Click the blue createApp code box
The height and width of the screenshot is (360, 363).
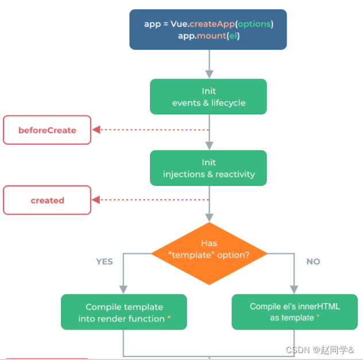point(208,29)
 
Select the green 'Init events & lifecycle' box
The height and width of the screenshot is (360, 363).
point(208,96)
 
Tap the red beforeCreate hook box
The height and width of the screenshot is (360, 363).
point(47,130)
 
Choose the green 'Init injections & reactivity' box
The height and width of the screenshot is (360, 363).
point(208,168)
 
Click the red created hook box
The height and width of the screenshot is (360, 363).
point(47,200)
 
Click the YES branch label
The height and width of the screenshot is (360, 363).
point(105,261)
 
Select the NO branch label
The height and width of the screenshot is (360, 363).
point(313,261)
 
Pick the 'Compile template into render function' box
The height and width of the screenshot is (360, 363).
point(124,312)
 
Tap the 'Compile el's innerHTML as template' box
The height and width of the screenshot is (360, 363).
point(295,312)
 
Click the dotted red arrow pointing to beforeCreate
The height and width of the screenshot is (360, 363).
point(149,130)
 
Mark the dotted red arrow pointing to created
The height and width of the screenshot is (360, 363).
point(149,200)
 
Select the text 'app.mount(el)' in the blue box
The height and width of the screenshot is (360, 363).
point(208,36)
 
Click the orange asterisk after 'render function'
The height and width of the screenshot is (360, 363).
point(169,318)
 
